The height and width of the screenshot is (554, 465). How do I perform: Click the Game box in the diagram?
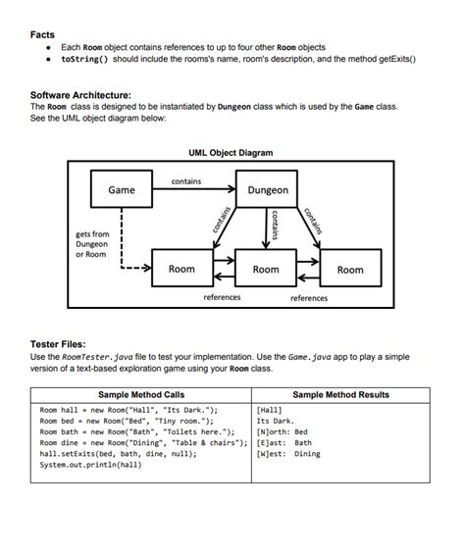pyautogui.click(x=122, y=189)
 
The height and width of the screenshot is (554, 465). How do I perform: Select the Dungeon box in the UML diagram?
pyautogui.click(x=268, y=190)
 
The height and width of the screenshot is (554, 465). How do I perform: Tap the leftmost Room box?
pyautogui.click(x=181, y=269)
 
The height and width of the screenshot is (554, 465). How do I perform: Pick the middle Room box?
pyautogui.click(x=266, y=269)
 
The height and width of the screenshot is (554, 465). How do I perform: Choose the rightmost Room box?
pyautogui.click(x=350, y=269)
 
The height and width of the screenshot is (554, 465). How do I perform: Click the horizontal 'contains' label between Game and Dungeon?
pyautogui.click(x=186, y=181)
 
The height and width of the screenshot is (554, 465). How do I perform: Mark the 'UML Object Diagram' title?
pyautogui.click(x=231, y=153)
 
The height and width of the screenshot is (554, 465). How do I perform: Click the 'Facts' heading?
pyautogui.click(x=42, y=34)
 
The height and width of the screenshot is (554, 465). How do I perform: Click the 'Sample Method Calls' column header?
pyautogui.click(x=141, y=394)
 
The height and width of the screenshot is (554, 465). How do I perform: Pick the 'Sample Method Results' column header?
pyautogui.click(x=340, y=394)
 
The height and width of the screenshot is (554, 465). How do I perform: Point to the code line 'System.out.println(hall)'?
pyautogui.click(x=90, y=465)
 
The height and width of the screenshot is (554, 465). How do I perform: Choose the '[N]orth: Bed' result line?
pyautogui.click(x=283, y=431)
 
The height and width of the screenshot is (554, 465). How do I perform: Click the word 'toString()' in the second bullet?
pyautogui.click(x=84, y=59)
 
